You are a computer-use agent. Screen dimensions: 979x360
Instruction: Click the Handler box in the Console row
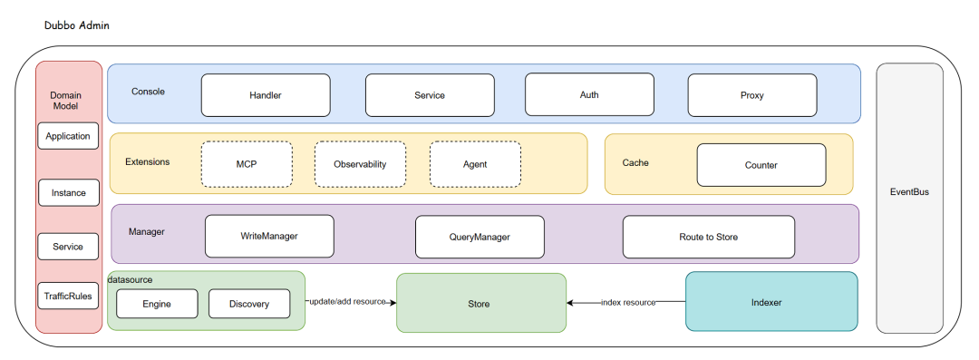point(266,95)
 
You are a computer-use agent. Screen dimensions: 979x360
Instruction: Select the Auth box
point(589,94)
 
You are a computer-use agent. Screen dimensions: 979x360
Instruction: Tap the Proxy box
point(752,95)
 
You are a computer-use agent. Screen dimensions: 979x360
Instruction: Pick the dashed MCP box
point(247,164)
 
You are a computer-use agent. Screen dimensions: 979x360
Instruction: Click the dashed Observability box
point(360,164)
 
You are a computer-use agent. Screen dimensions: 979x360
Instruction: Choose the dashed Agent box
point(475,164)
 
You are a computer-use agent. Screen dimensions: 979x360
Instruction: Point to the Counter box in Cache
point(761,165)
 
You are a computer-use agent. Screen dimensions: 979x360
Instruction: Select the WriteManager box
point(269,237)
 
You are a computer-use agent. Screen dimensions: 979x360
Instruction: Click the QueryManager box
point(480,237)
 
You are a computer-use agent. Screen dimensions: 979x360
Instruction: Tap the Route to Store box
point(709,237)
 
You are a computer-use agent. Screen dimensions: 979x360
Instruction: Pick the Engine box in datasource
point(157,304)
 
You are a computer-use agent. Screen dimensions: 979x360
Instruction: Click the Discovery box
point(249,304)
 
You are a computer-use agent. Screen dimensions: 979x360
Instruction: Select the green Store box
point(481,303)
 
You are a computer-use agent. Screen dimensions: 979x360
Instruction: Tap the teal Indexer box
point(771,301)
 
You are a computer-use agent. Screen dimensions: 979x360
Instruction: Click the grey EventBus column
point(910,198)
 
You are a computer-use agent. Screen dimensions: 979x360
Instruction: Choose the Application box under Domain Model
point(68,136)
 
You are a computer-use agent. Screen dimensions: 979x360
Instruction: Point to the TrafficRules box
point(68,296)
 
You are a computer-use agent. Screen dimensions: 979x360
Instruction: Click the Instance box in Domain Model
point(68,192)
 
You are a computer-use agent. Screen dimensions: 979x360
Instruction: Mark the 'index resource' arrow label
point(628,303)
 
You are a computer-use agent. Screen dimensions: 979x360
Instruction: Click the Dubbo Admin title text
point(77,25)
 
